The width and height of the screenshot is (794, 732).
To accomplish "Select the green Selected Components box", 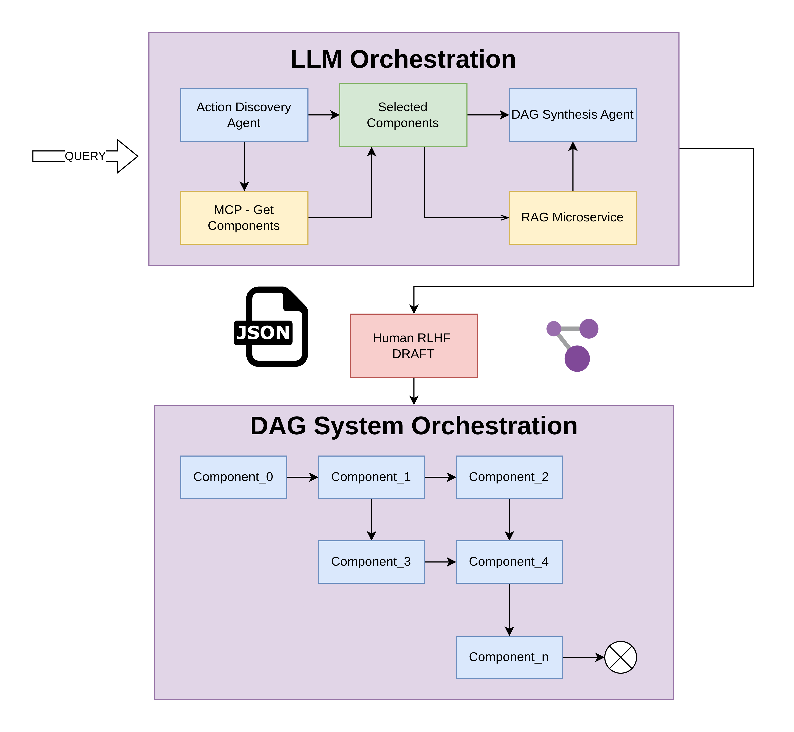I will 403,115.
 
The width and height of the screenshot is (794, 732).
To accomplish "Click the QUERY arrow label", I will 85,156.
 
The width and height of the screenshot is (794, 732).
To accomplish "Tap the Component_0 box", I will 233,477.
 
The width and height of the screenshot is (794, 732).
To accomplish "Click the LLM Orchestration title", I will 403,59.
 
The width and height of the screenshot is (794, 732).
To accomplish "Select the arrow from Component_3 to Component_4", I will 440,562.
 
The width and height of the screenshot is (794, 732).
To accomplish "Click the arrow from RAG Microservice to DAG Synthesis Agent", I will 573,166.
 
